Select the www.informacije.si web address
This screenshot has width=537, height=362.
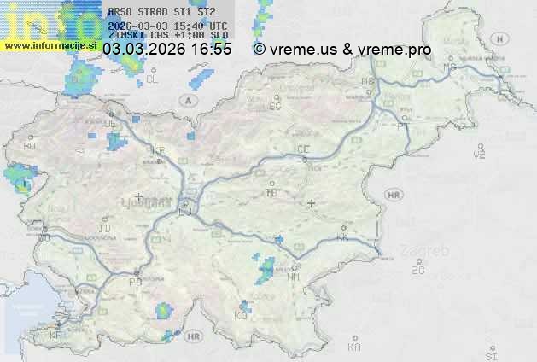point(48,45)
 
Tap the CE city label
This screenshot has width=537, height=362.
point(302,149)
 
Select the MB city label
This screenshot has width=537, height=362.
point(368,81)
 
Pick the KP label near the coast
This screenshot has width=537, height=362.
point(55,335)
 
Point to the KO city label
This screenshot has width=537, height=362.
point(241,315)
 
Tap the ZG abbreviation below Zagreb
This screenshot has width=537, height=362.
point(417,270)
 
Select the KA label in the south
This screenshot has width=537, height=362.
point(354,347)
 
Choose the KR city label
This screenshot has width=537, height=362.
point(158,150)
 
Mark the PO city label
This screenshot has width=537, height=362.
point(135,282)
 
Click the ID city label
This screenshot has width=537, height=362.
point(105,229)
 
